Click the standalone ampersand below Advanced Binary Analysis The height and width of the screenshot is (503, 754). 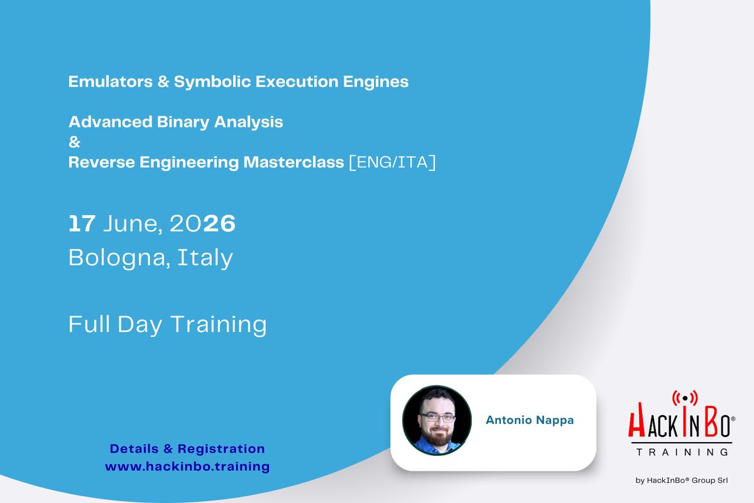click(74, 141)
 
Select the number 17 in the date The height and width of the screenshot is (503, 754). click(82, 224)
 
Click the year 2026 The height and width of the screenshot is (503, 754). click(202, 224)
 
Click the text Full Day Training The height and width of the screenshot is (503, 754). click(167, 324)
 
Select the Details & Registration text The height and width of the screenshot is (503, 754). click(187, 449)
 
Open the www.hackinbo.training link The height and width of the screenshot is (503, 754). click(187, 467)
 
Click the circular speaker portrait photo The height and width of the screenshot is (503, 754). click(437, 420)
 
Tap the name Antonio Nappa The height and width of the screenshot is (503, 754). click(530, 420)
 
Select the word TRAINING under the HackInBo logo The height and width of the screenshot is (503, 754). click(682, 451)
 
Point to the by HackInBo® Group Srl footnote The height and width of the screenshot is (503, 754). click(682, 481)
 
